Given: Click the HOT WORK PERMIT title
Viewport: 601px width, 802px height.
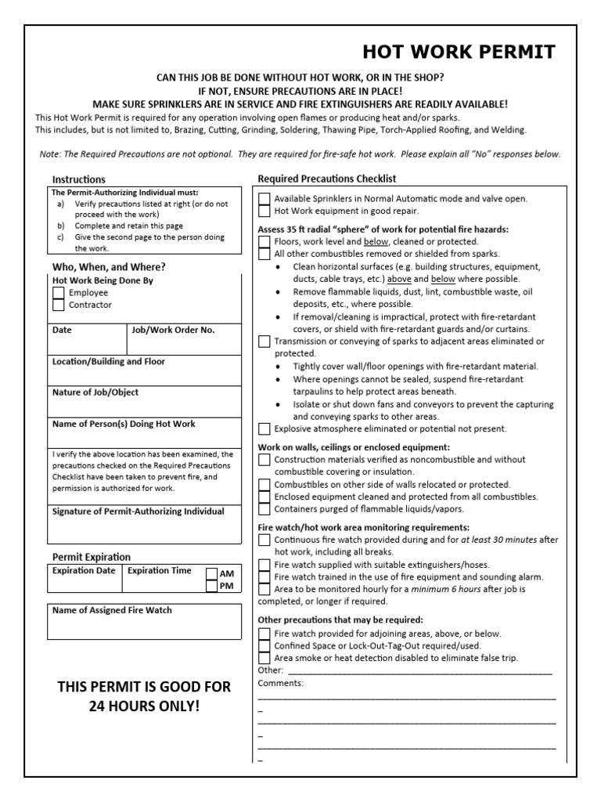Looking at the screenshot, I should (x=459, y=52).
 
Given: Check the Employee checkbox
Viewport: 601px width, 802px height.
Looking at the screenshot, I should (x=59, y=292).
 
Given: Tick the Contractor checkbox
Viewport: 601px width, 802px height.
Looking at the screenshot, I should (x=59, y=305).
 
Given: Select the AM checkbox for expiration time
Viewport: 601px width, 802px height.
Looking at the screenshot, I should (x=211, y=573).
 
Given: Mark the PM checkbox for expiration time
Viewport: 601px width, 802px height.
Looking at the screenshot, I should (x=211, y=586).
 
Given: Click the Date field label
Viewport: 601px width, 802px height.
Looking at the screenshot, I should (x=62, y=330).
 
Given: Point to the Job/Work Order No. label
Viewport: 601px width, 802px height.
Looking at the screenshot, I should (x=173, y=330).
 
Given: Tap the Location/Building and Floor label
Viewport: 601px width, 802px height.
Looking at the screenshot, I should (x=108, y=361).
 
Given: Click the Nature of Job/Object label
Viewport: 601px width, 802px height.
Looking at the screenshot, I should (x=95, y=392).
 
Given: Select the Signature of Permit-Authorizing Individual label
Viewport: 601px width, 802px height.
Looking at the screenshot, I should (x=138, y=511).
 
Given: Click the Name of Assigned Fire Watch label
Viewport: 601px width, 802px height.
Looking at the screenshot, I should (x=112, y=610).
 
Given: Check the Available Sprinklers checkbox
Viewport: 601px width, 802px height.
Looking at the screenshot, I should (x=265, y=199).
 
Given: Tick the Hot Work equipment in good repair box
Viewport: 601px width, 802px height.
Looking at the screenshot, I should (x=265, y=211).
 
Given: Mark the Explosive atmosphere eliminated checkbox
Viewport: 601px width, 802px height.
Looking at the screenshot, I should (x=265, y=428).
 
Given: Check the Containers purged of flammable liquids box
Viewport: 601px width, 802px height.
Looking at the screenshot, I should (x=265, y=508).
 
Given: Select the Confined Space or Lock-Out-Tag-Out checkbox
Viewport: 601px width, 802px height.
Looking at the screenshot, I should (x=265, y=646).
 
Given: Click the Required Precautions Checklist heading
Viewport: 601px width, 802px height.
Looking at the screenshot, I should (x=327, y=179).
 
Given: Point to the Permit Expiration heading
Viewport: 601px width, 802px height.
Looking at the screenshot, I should (x=92, y=557).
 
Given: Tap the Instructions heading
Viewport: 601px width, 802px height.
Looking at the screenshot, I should (x=79, y=179).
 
